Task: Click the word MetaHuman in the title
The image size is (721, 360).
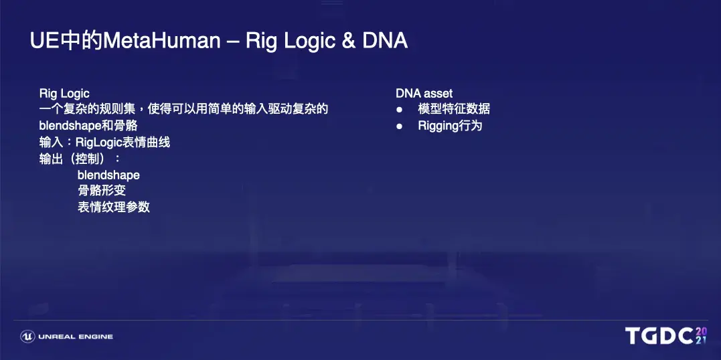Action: (x=162, y=41)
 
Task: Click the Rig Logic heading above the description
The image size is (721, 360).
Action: (x=64, y=94)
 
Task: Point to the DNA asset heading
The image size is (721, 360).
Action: (x=424, y=94)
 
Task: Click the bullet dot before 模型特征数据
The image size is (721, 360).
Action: (x=399, y=110)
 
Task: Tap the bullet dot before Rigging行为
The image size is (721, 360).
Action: (x=399, y=126)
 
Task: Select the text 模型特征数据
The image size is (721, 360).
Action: (x=454, y=110)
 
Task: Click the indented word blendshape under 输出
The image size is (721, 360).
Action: (x=108, y=175)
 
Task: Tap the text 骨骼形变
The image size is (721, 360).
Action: (x=102, y=190)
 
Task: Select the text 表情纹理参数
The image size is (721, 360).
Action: (x=114, y=207)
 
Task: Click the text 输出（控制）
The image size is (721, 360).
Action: (x=79, y=159)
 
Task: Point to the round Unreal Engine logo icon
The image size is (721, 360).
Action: (x=27, y=337)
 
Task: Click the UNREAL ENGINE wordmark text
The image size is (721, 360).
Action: (x=76, y=337)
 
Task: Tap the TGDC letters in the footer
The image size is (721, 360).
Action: (x=659, y=336)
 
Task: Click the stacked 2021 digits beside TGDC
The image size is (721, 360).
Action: (x=701, y=336)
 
